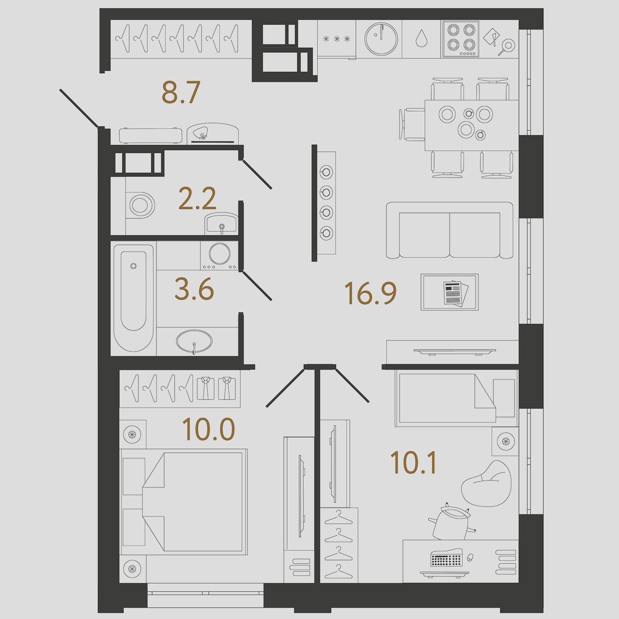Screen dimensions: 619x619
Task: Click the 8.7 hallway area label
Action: [181, 92]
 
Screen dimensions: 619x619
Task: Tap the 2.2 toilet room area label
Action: [197, 198]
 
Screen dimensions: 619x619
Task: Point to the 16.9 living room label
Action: [370, 293]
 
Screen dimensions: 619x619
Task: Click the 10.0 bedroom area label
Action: [209, 429]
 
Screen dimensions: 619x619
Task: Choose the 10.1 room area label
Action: [413, 463]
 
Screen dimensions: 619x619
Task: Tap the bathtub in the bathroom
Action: [134, 298]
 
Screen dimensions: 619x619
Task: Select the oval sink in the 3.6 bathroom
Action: [194, 341]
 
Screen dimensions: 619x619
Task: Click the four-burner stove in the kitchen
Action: [461, 39]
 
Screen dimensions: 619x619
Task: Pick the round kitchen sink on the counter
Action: [381, 39]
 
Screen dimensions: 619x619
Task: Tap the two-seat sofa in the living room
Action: [449, 230]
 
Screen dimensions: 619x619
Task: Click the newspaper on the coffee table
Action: [456, 293]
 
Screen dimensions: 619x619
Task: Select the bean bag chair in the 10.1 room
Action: [486, 484]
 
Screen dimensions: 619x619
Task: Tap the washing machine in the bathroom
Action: [219, 255]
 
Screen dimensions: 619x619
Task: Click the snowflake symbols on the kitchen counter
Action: [337, 39]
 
